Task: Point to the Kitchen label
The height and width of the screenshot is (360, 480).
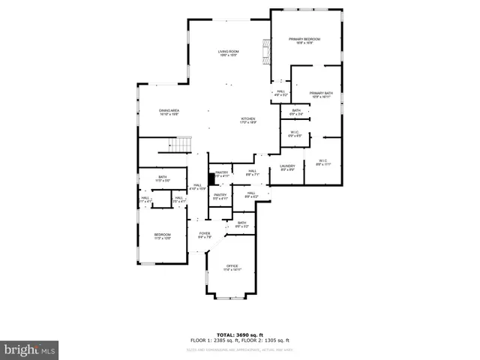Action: click(x=248, y=120)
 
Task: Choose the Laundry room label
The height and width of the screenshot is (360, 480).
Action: click(x=287, y=167)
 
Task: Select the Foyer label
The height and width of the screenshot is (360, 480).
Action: click(x=204, y=235)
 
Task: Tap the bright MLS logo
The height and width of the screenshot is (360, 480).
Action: click(x=30, y=349)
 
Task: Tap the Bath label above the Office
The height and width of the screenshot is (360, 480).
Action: click(x=242, y=223)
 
